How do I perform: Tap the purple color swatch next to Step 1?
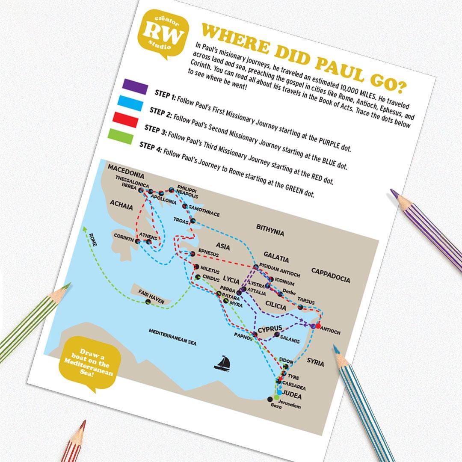[135, 86]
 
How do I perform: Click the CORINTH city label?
[124, 237]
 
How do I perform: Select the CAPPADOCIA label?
[331, 275]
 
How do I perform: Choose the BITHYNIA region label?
[270, 229]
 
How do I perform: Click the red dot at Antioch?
[318, 326]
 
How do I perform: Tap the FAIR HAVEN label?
[151, 295]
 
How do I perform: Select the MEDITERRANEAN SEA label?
[172, 337]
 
